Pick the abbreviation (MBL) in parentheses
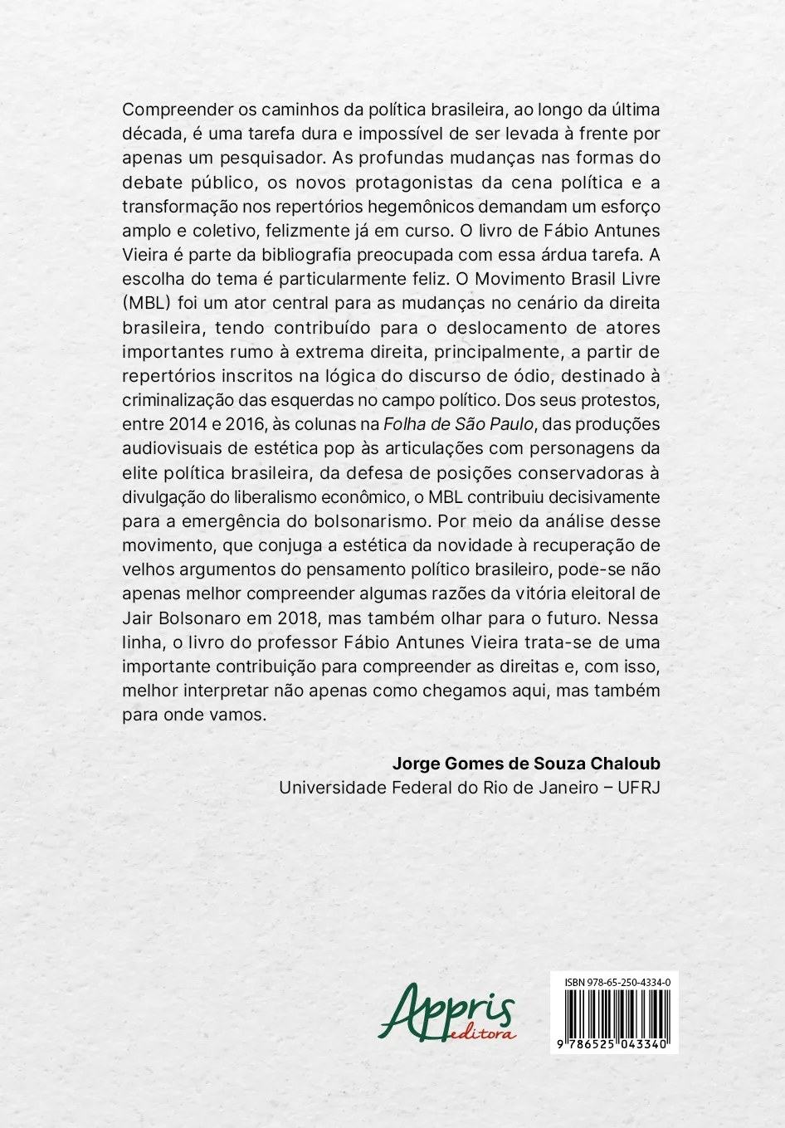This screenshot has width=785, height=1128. (x=146, y=303)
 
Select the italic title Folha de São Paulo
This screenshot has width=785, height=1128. (x=458, y=424)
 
